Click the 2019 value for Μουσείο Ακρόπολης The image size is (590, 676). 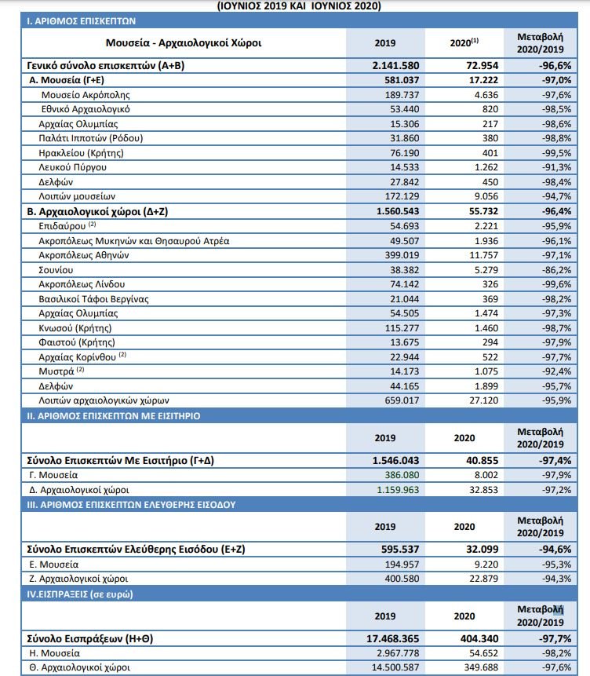tap(397, 95)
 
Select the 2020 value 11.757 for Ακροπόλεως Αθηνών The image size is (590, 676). tap(475, 255)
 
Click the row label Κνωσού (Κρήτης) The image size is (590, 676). tap(75, 327)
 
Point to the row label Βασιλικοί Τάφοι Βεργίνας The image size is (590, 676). tap(93, 298)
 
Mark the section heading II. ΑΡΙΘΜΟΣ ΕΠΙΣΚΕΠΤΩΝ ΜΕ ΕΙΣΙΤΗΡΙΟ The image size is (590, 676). tap(120, 416)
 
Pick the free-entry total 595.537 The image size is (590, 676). tap(397, 550)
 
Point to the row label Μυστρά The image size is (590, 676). tap(56, 371)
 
